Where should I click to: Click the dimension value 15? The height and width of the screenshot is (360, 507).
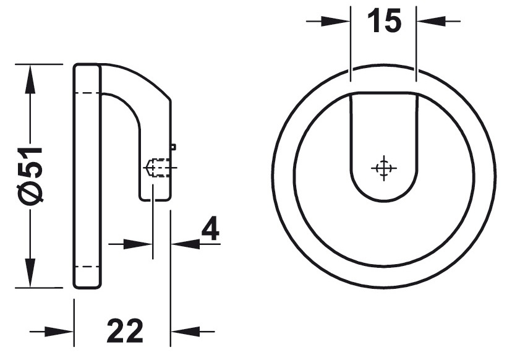[384, 22]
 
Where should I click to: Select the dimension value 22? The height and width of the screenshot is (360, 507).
[125, 332]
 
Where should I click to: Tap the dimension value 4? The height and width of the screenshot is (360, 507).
[211, 230]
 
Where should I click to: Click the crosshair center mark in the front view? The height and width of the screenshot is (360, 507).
[383, 168]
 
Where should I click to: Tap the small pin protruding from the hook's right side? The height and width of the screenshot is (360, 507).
[173, 147]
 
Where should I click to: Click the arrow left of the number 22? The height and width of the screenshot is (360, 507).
[59, 332]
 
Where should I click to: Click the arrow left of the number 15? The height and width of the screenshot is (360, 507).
[334, 21]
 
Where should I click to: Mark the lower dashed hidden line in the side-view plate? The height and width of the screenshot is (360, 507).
[87, 267]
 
